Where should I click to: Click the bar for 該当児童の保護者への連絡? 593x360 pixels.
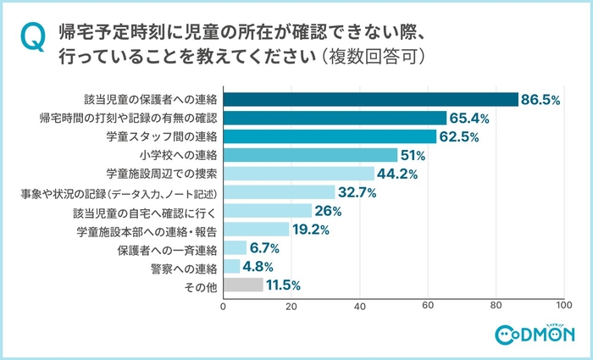(370, 99)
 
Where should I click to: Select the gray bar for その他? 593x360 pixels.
(242, 285)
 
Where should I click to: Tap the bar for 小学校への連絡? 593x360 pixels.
(309, 154)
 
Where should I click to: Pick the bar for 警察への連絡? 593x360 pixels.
(230, 266)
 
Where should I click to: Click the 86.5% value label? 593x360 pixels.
(541, 100)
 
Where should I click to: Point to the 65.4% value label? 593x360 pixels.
(469, 119)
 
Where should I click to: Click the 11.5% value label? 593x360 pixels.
(283, 285)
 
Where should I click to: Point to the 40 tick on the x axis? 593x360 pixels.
(359, 305)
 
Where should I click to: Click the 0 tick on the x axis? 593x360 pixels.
(223, 305)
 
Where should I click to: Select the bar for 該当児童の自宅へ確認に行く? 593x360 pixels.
(267, 211)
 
